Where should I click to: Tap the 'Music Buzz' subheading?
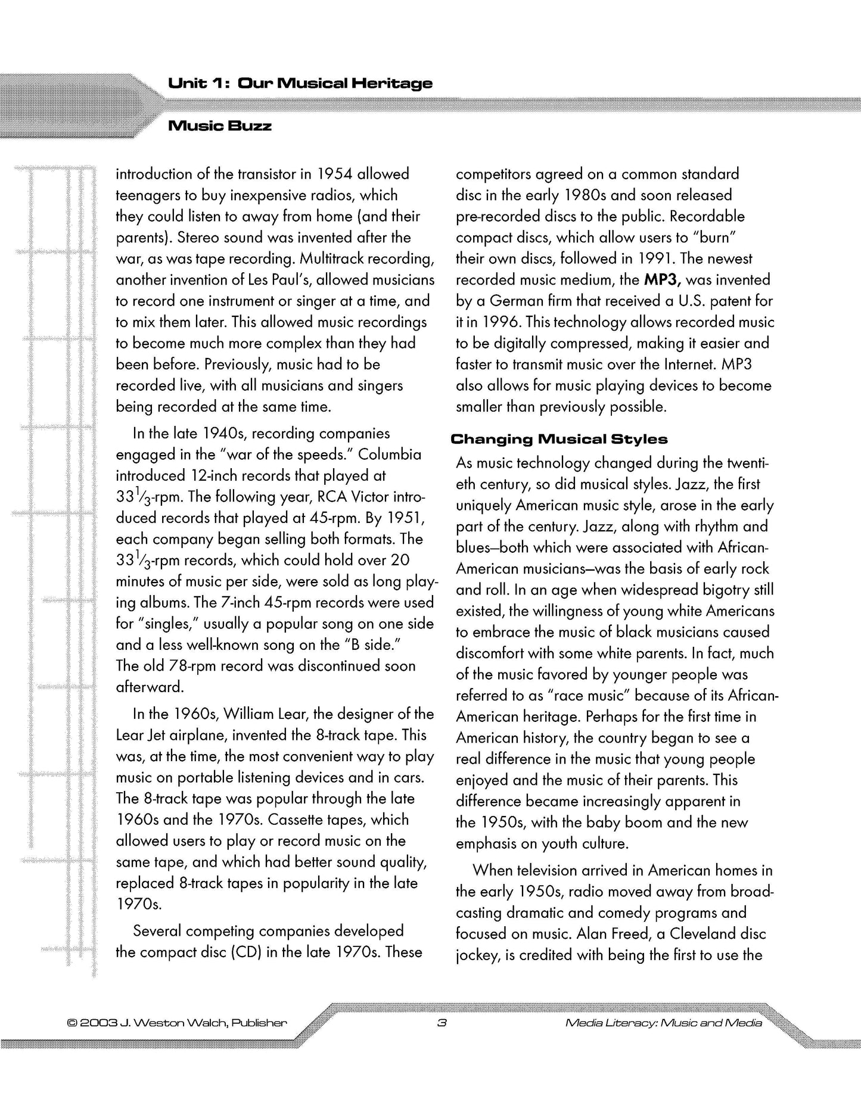(220, 126)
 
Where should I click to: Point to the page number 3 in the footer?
(442, 1023)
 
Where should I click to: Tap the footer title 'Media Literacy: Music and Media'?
(663, 1023)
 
